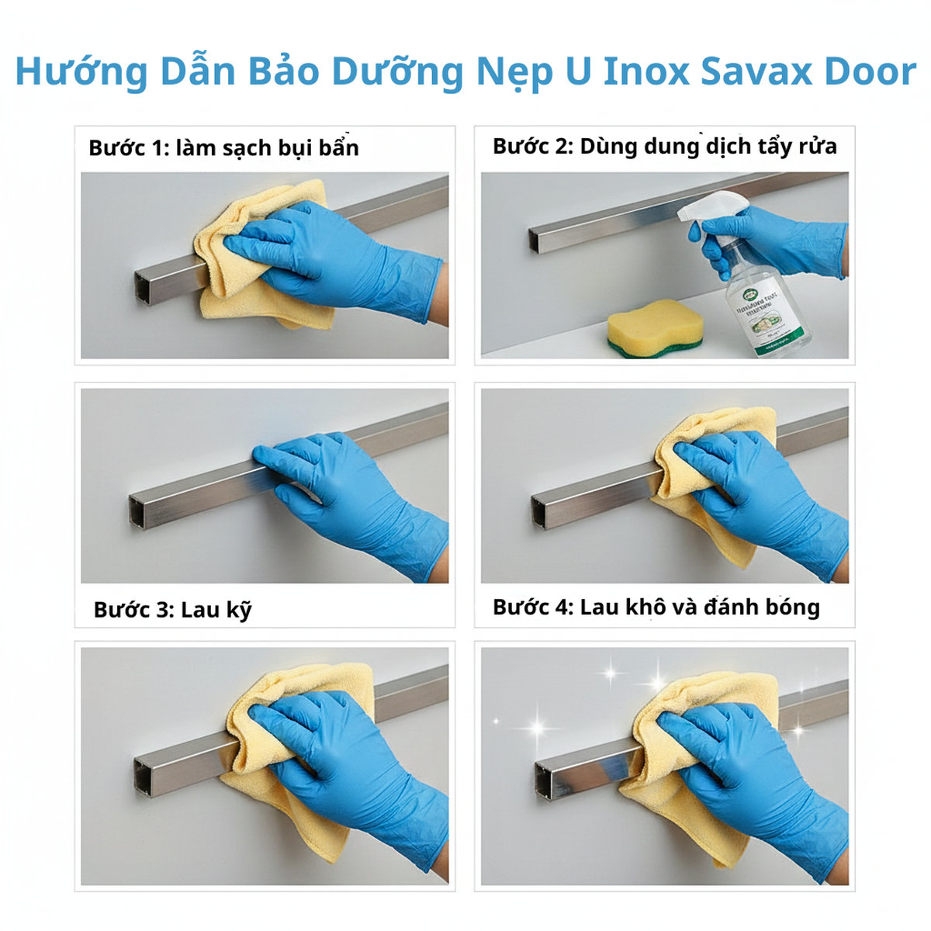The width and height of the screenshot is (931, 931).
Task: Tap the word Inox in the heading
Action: tap(646, 71)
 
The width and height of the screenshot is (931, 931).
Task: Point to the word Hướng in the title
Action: tap(81, 71)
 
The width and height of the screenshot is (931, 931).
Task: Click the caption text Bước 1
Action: tap(128, 147)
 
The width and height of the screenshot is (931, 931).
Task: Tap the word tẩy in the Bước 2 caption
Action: tap(778, 147)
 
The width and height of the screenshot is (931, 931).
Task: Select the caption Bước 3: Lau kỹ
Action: tap(172, 610)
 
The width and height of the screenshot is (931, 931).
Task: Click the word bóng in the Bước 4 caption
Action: tap(792, 607)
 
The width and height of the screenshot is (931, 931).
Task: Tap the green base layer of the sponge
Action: tap(656, 350)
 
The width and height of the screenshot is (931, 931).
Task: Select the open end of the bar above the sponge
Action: tap(536, 241)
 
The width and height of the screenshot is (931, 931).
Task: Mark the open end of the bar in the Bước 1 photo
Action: tap(144, 288)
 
